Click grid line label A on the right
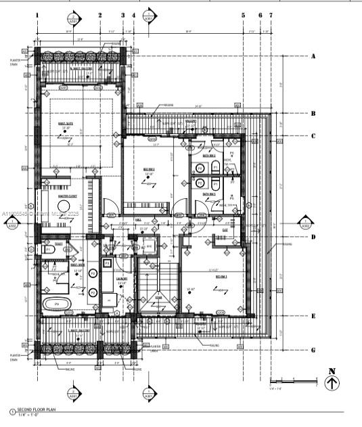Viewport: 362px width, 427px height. pos(313,57)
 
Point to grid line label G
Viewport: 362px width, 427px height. pos(313,350)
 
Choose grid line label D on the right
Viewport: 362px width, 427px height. pos(313,237)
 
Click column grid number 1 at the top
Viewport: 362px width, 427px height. pos(37,14)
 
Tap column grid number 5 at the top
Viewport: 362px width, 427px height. pos(243,14)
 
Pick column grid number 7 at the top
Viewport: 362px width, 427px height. pos(271,14)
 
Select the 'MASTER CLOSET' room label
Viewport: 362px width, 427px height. pos(68,196)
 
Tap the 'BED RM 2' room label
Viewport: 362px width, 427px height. pos(149,169)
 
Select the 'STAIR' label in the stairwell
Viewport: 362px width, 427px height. pos(158,296)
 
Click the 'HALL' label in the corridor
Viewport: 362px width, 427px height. pos(138,220)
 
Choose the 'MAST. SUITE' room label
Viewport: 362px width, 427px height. pos(66,123)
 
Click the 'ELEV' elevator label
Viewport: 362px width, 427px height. pos(224,229)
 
